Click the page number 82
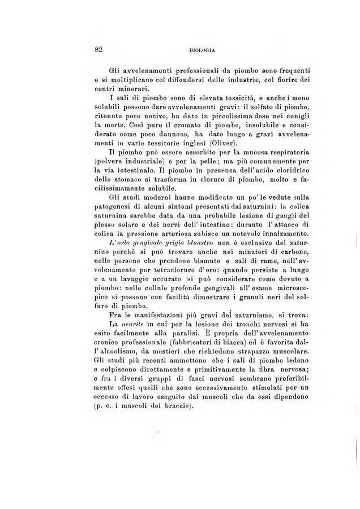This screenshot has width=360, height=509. point(97,49)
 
